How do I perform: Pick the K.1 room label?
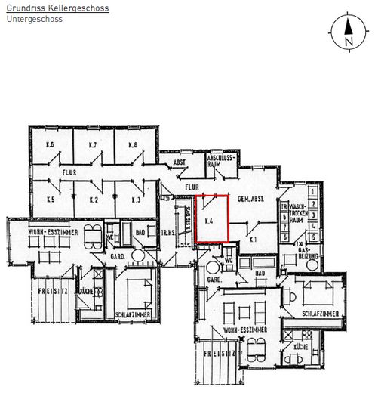[x=253, y=239]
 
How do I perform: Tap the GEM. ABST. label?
[x=249, y=199]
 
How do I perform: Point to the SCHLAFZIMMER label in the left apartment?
[x=135, y=314]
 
